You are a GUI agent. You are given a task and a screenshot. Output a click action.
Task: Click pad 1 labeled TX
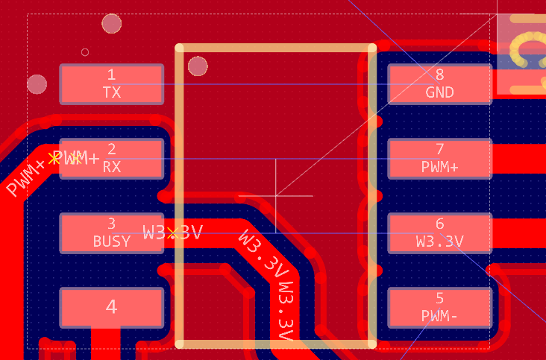click(x=111, y=83)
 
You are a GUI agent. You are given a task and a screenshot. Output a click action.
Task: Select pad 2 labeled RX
click(x=111, y=158)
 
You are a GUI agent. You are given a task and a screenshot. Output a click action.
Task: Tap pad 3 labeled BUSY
click(x=111, y=233)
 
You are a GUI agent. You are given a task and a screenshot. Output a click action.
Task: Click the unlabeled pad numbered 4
click(x=111, y=307)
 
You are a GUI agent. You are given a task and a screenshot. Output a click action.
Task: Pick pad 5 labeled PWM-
click(x=439, y=307)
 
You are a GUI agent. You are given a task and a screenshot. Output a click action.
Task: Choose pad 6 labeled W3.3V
click(x=439, y=233)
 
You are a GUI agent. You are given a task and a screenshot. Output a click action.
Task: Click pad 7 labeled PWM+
click(x=439, y=158)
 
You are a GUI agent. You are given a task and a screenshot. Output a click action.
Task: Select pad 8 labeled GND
click(x=439, y=83)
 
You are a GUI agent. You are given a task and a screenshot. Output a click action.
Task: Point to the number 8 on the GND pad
click(x=439, y=75)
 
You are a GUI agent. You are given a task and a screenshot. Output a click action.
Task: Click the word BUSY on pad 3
click(x=111, y=241)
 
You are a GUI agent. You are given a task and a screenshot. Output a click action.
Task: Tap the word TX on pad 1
click(x=111, y=92)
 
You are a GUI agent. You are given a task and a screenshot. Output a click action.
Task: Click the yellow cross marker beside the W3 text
click(x=173, y=233)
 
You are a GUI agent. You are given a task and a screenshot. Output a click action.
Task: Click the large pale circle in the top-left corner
click(x=111, y=24)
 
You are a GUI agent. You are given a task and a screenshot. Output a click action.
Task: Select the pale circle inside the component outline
click(x=198, y=66)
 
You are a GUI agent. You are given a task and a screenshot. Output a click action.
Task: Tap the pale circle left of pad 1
click(x=37, y=83)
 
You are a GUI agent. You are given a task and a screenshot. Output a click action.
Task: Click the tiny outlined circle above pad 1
click(x=85, y=52)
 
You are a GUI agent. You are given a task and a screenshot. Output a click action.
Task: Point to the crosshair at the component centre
click(x=276, y=196)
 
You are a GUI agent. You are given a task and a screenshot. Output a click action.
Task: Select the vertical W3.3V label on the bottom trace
click(x=284, y=313)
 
